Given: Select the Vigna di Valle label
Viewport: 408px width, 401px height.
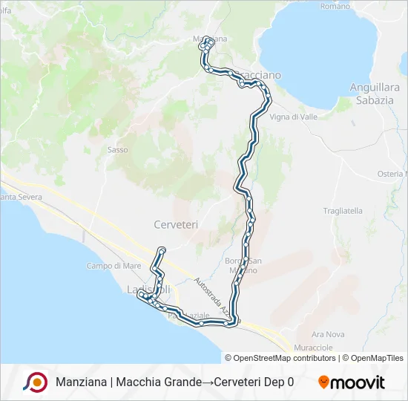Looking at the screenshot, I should point(295,117).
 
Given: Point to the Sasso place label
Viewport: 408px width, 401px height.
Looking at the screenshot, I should point(117,150).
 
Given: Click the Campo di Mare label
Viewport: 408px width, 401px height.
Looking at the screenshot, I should point(113,266).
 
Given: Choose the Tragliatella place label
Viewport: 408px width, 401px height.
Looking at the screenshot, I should point(343,211).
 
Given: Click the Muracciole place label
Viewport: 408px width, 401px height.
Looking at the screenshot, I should point(312,347).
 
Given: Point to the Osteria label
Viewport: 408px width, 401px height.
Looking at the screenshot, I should point(391,174).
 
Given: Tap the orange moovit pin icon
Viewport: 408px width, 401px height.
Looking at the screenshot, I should point(323,382).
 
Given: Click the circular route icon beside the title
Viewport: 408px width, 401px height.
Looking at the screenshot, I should point(35,382).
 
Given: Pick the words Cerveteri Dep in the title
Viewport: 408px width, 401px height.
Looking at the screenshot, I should point(249,382).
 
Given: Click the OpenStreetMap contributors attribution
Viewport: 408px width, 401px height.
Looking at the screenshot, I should point(285,358).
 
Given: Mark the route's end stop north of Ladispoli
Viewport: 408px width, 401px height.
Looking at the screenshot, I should point(162,250).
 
